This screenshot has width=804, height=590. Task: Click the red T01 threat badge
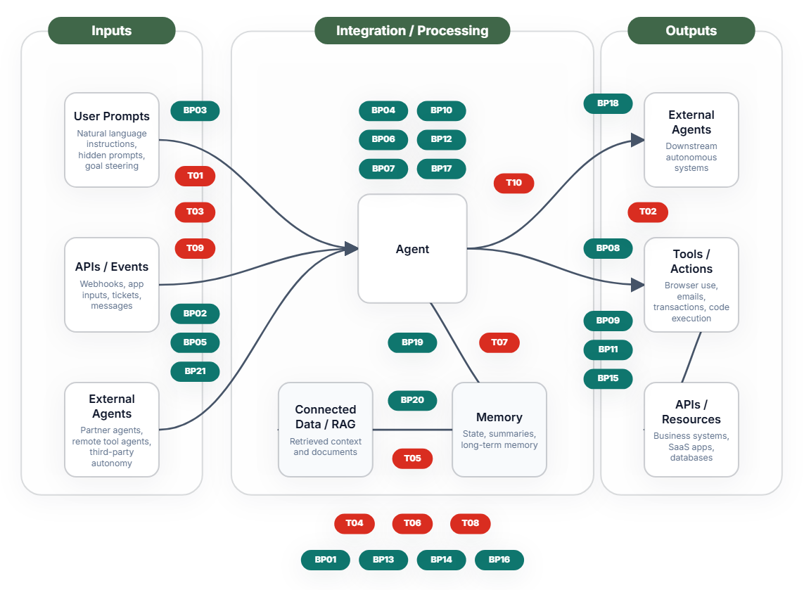195,176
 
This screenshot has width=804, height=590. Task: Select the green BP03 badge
195,110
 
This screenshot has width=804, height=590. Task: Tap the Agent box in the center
412,249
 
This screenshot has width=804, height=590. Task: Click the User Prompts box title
112,116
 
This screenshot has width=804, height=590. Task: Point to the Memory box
499,429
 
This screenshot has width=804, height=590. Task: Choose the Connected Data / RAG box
326,429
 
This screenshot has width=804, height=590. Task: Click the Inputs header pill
111,31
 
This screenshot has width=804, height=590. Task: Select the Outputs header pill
691,31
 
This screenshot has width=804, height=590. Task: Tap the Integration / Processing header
412,31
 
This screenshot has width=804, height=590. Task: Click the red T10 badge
513,183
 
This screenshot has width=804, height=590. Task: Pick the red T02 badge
647,212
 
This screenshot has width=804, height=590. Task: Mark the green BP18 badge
608,103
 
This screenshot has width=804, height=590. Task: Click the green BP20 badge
412,400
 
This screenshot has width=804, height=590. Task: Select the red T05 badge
412,458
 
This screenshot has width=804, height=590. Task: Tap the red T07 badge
499,342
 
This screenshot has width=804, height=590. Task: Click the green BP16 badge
499,560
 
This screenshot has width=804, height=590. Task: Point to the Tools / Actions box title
691,262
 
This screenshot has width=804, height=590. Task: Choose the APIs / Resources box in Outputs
691,429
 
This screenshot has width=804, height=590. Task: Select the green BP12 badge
441,139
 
